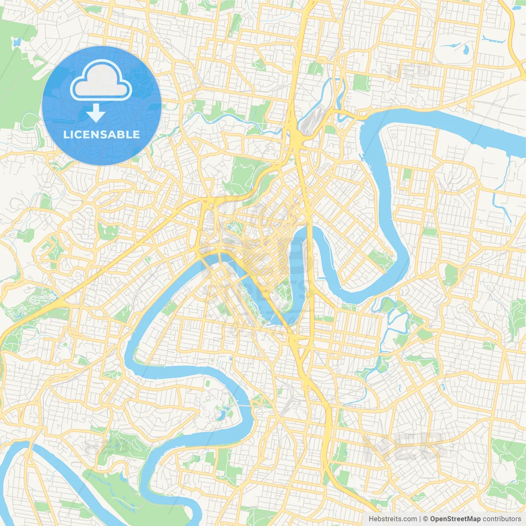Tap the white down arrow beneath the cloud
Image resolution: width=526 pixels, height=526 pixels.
[x=96, y=113]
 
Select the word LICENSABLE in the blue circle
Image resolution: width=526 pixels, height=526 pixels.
[x=102, y=134]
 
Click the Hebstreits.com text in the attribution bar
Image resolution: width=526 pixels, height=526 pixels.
[x=392, y=519]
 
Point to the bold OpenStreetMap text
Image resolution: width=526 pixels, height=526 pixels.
[x=455, y=519]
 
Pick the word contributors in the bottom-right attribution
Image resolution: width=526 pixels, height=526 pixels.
[x=502, y=519]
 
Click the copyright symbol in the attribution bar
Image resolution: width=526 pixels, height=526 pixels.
[x=426, y=519]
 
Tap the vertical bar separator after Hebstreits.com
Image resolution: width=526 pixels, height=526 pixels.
[x=420, y=519]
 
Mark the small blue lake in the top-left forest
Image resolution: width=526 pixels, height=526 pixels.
[x=16, y=42]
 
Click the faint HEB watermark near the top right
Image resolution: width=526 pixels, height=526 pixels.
[x=409, y=72]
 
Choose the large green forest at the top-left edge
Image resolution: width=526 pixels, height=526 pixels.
[x=16, y=74]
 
